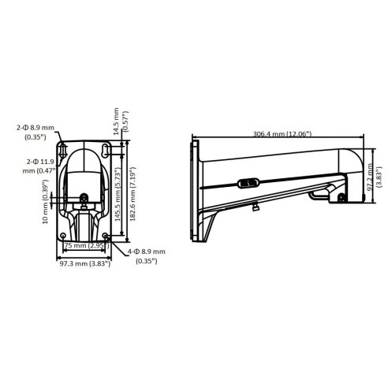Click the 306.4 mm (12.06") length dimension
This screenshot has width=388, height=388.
coord(282,134)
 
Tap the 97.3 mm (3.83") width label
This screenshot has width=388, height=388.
coord(85,263)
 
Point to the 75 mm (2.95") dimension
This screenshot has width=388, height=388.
coord(87,245)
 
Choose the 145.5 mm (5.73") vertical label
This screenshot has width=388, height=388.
coord(118,196)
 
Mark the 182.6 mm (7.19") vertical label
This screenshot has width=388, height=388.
coord(132,194)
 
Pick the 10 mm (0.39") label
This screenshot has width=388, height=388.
coord(46,202)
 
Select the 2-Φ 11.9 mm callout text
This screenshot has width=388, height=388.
coord(39,166)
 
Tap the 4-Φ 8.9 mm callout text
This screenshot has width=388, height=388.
coord(147,256)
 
